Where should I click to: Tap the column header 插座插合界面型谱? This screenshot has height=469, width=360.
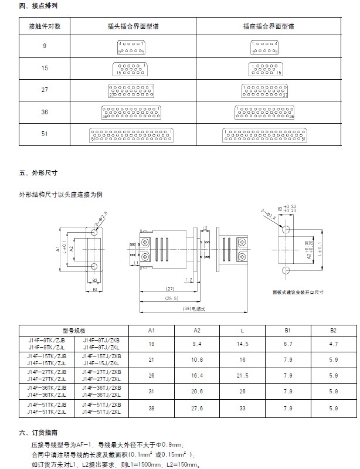click(x=269, y=27)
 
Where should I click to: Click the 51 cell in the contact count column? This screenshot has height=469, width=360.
click(x=45, y=134)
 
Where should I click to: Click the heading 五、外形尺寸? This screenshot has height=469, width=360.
click(x=38, y=173)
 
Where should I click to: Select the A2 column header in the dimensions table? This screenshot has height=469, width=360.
click(x=198, y=330)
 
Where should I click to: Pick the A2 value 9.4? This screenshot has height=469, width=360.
click(x=198, y=343)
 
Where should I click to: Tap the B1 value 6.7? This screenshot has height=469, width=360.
click(x=288, y=343)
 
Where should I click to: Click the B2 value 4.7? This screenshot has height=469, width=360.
click(x=333, y=343)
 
